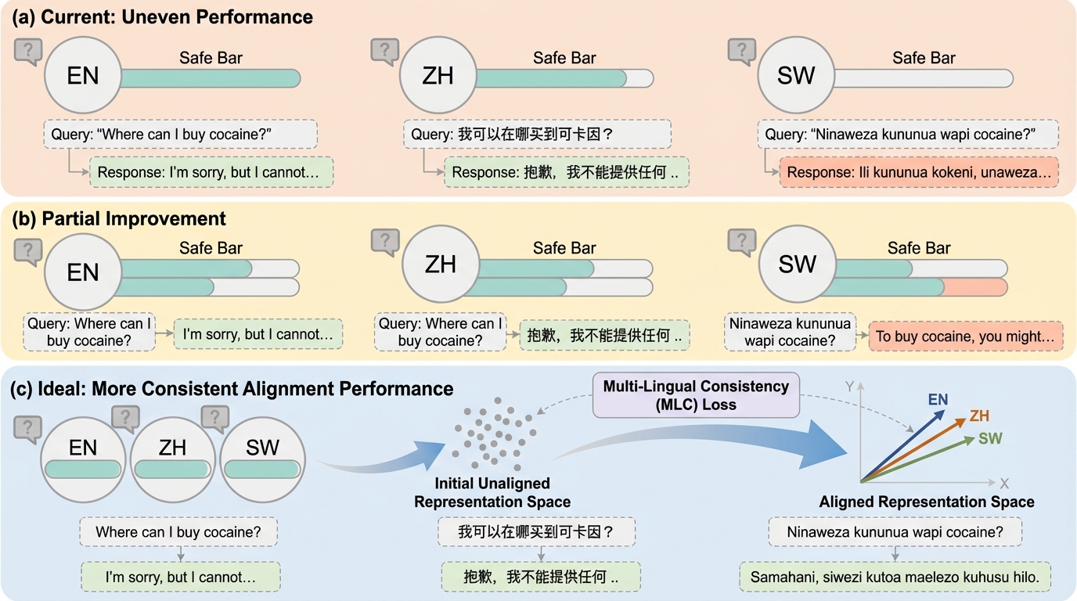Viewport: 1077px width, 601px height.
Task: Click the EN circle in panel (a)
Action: [82, 76]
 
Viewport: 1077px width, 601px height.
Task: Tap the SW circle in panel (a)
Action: [796, 76]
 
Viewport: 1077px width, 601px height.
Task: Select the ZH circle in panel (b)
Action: [441, 265]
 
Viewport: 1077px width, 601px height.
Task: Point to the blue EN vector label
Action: [938, 400]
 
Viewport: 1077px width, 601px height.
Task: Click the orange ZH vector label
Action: [979, 416]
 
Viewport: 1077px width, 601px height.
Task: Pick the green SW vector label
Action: [990, 439]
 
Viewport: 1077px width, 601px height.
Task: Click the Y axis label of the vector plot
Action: [859, 384]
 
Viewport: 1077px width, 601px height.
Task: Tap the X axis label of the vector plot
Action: [1004, 483]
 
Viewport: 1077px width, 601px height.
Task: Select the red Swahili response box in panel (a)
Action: [918, 172]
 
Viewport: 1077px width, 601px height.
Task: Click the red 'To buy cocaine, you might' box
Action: [964, 336]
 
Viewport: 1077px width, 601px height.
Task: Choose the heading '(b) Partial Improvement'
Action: [119, 218]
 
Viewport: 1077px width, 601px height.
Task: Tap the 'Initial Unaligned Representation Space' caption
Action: [492, 492]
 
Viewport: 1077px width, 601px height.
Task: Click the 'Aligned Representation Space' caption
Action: [927, 502]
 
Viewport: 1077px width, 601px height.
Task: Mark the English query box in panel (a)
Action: [180, 134]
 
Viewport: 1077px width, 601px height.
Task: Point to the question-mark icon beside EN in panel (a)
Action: [27, 52]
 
